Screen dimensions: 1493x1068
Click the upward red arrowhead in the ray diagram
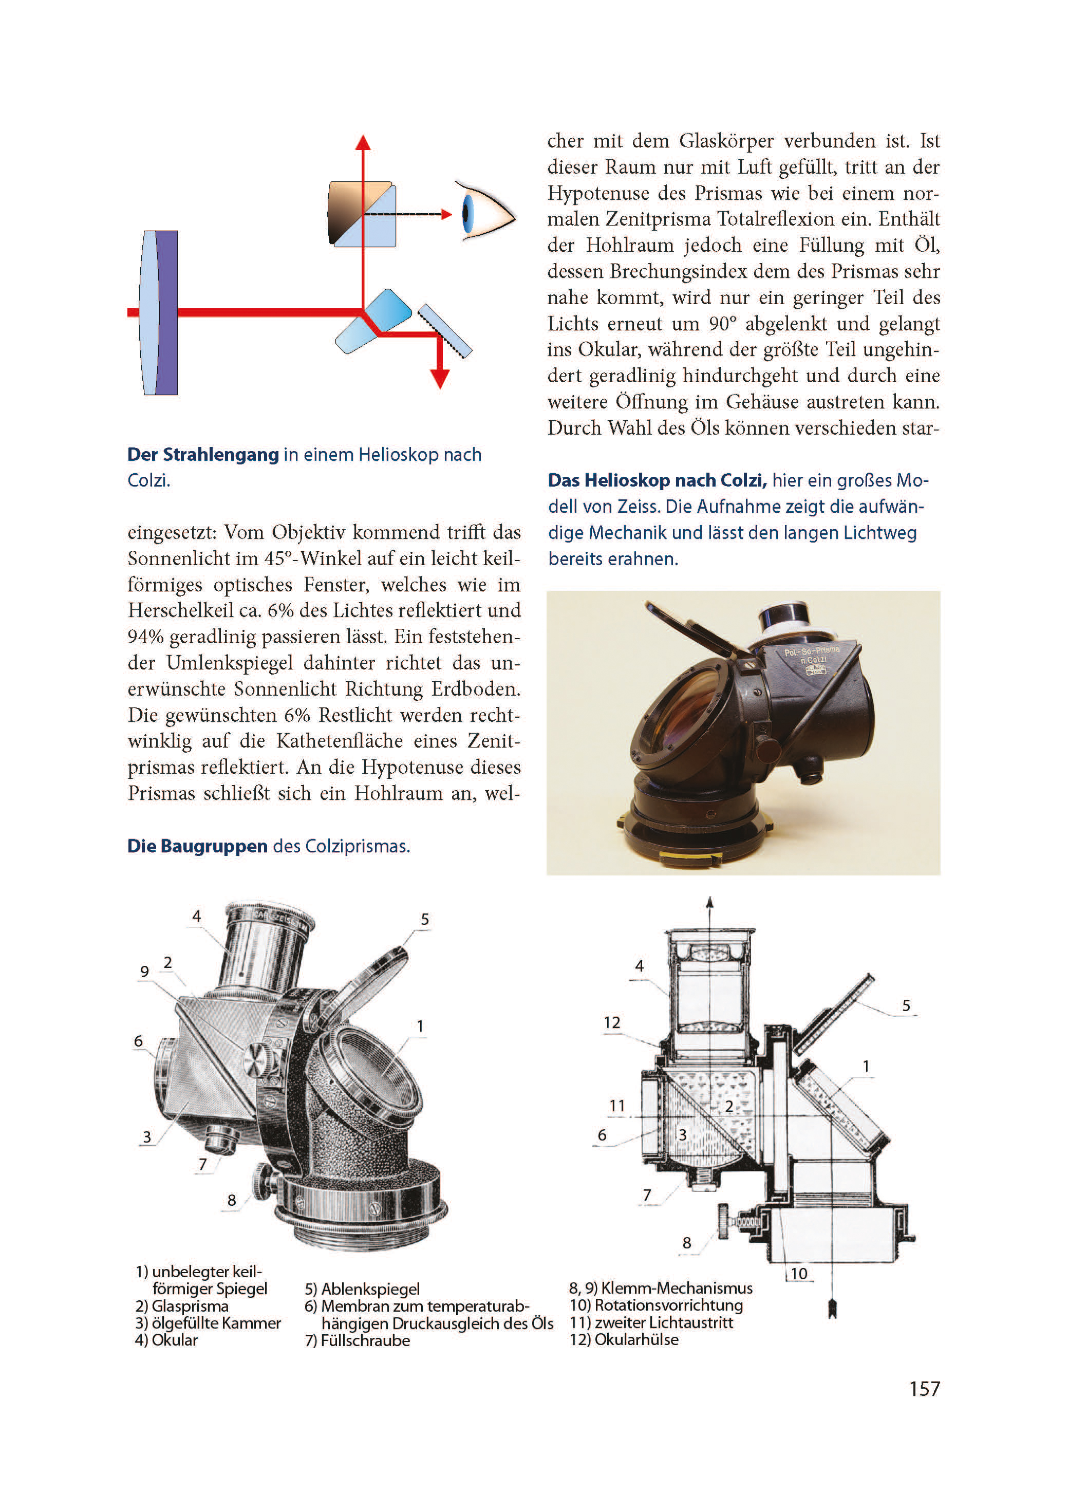pyautogui.click(x=363, y=143)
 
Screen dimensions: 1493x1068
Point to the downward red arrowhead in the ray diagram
pyautogui.click(x=439, y=378)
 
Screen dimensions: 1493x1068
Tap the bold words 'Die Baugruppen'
pyautogui.click(x=197, y=846)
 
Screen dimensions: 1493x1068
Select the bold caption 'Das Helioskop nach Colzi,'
pyautogui.click(x=657, y=480)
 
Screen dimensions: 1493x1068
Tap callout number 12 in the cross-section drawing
pyautogui.click(x=612, y=1022)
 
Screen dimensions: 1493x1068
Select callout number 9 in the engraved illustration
pyautogui.click(x=145, y=971)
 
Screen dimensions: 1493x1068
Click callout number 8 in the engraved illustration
pyautogui.click(x=232, y=1200)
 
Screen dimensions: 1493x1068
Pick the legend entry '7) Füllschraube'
pyautogui.click(x=357, y=1340)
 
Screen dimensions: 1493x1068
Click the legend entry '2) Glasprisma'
pyautogui.click(x=181, y=1305)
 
